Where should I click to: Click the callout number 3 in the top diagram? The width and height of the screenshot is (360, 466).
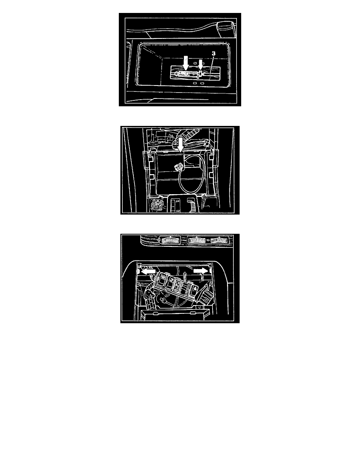point(213,53)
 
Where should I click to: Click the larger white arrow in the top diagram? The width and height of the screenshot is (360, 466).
point(186,63)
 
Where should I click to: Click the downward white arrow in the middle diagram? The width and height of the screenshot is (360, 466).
point(180,145)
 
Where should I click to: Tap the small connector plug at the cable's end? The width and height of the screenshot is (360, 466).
point(179,167)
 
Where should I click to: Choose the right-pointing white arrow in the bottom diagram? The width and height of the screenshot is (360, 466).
point(201,270)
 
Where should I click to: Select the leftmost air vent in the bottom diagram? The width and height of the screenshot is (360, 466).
point(171,240)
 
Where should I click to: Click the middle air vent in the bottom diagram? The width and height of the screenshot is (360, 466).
point(198,240)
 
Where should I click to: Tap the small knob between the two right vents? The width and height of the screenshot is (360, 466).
point(209,240)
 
